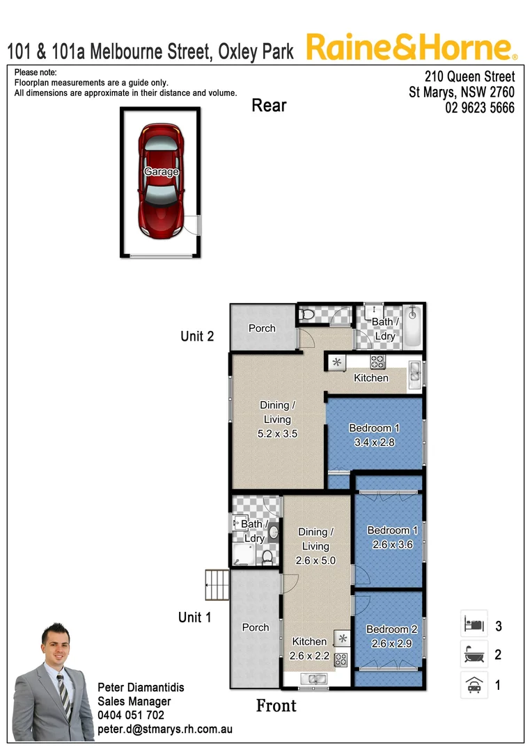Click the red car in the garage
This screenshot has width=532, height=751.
(161, 182)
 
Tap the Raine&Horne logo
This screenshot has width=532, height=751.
(411, 48)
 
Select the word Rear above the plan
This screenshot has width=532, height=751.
(269, 106)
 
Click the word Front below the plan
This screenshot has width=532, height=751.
(276, 706)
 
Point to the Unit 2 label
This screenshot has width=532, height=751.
(197, 337)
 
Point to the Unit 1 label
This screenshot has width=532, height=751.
(194, 617)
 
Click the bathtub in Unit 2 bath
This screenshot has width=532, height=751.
(413, 328)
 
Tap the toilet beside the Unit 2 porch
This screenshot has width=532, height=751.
(307, 316)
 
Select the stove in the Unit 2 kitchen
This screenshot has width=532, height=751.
(378, 362)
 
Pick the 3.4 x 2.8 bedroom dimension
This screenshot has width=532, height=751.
(375, 442)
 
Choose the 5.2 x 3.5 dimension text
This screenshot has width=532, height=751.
(277, 434)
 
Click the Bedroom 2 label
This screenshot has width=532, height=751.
(392, 629)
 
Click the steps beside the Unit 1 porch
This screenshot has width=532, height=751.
(217, 586)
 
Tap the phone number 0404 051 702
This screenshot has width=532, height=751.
(131, 716)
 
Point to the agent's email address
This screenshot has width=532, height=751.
(164, 729)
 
